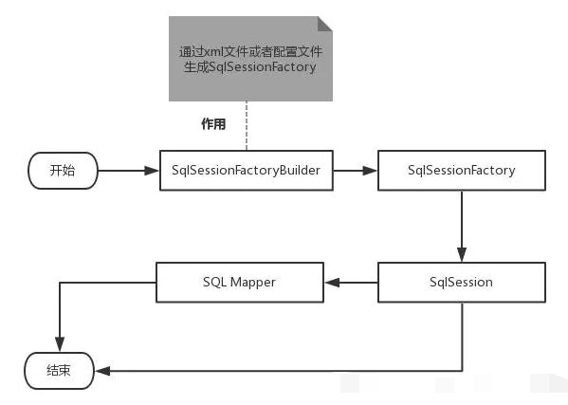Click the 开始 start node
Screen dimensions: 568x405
(63, 171)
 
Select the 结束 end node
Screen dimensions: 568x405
(60, 371)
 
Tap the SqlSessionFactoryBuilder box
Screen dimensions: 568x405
(247, 171)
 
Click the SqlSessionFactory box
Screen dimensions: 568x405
(462, 171)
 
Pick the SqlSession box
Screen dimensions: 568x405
(462, 283)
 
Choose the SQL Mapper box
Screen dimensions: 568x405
(240, 283)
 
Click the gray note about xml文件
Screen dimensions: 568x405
(250, 59)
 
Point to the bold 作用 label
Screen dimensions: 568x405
(213, 124)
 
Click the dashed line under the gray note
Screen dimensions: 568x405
(247, 126)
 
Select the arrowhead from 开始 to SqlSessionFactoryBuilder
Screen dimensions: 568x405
(152, 171)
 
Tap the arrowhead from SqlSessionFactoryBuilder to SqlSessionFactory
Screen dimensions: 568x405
(370, 171)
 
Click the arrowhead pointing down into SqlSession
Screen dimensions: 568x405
(462, 254)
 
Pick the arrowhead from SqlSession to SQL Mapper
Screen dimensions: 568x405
(332, 283)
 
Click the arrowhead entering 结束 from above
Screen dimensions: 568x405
(60, 344)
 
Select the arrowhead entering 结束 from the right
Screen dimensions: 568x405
(102, 371)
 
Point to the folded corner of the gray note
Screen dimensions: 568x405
(325, 24)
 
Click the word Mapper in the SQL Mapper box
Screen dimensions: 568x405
(252, 283)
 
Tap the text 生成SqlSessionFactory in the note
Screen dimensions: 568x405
(250, 66)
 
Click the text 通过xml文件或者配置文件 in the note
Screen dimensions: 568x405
(250, 51)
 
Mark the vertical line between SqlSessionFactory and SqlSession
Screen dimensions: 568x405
(462, 219)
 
